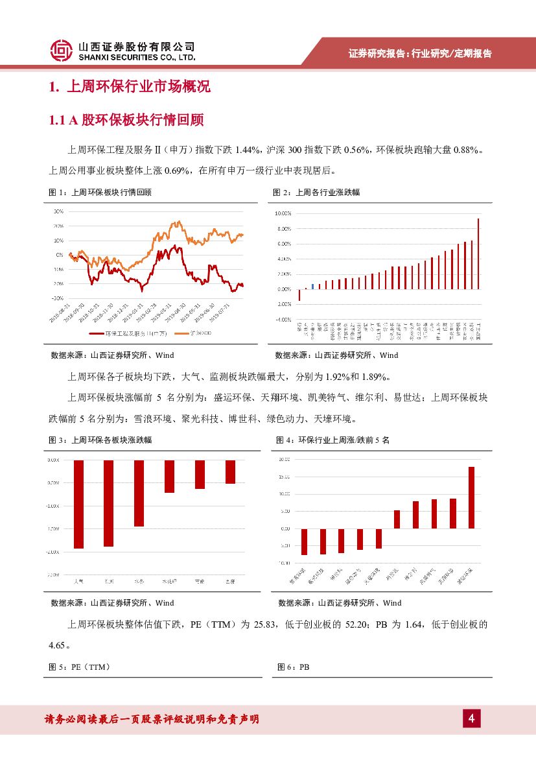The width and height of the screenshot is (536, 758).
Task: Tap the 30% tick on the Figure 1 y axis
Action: [x=58, y=211]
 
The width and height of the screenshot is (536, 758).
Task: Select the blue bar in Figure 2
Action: [x=312, y=286]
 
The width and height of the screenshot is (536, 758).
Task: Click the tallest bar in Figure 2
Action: [x=478, y=254]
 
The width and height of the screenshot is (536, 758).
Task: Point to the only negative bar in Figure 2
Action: [x=299, y=295]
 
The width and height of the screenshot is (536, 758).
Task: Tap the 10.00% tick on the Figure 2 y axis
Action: [x=283, y=213]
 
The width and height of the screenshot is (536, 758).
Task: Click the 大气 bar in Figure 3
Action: [x=79, y=504]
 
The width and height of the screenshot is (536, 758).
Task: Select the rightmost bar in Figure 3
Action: [x=230, y=471]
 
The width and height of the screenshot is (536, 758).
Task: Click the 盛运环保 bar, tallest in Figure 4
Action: [x=471, y=497]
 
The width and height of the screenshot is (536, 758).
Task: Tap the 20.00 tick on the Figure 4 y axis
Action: [x=284, y=460]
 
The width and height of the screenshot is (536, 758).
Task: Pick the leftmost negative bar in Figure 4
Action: [x=304, y=541]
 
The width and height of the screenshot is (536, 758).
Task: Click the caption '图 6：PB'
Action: [x=293, y=667]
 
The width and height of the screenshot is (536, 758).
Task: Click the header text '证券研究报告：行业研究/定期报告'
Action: [x=420, y=54]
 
